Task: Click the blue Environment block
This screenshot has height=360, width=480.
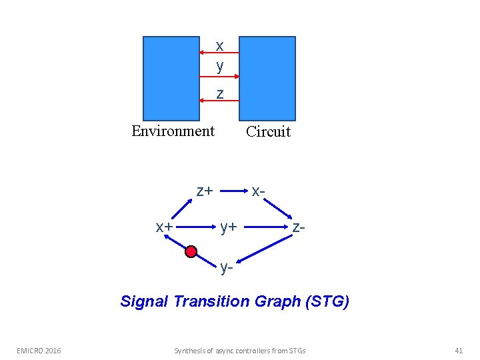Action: (171, 77)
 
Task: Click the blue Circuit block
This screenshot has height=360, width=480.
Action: (267, 77)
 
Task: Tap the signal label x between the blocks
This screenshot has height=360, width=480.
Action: (219, 46)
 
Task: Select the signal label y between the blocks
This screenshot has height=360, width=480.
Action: (219, 66)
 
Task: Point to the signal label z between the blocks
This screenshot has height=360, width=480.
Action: (219, 94)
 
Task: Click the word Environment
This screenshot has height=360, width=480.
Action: (173, 131)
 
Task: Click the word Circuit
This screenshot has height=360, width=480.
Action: (268, 131)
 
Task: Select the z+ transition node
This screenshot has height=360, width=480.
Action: (204, 191)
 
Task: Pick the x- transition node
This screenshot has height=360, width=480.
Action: (259, 191)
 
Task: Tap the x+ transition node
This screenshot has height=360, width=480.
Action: (165, 227)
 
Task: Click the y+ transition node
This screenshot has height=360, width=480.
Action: (229, 227)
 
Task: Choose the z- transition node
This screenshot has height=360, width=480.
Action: (299, 227)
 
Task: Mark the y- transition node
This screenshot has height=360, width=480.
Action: (227, 268)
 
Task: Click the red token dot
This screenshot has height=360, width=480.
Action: (191, 251)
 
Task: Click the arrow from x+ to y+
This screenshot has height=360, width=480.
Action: (197, 227)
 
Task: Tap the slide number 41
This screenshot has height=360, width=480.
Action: (458, 350)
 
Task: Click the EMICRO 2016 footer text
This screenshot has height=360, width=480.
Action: (39, 350)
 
